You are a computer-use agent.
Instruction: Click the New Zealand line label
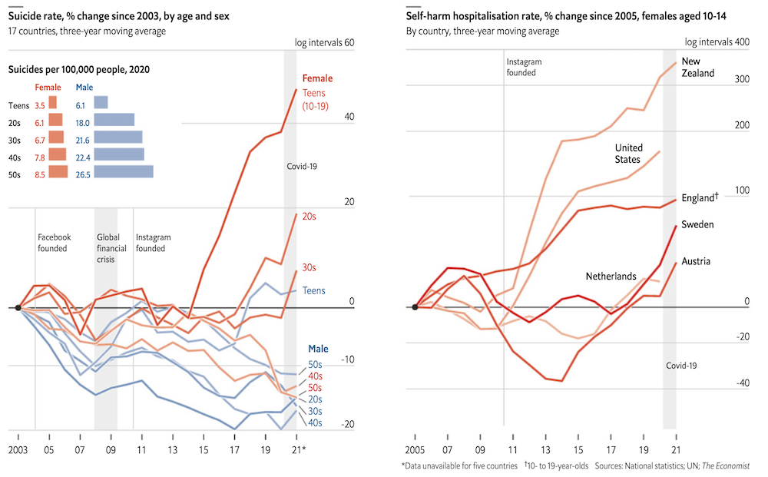point(698,67)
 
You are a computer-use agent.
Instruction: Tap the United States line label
point(628,154)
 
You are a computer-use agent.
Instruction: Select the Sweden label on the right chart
point(697,224)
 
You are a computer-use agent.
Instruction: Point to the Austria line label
point(696,261)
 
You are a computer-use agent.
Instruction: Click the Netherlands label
point(611,276)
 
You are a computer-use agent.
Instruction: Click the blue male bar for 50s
point(124,171)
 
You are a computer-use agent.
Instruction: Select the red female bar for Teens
point(52,102)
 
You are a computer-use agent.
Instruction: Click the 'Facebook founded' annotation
point(54,243)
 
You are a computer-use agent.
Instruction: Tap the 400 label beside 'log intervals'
point(742,42)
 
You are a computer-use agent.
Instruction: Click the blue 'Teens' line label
point(313,290)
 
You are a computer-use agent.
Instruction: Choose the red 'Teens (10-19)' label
point(316,99)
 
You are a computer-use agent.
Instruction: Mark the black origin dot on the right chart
point(415,307)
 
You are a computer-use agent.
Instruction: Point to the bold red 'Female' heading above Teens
point(317,78)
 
